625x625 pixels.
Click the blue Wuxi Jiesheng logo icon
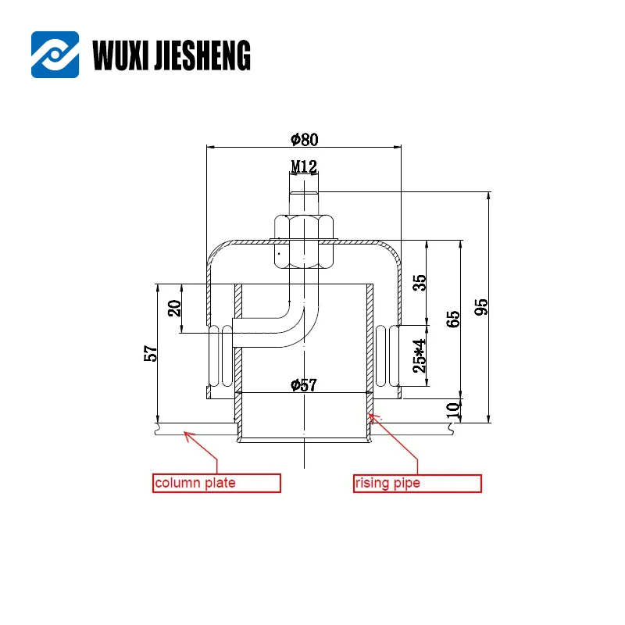click(x=55, y=55)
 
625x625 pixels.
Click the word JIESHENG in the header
click(x=204, y=55)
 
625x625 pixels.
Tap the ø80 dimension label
click(x=304, y=140)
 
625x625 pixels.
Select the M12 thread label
click(x=303, y=166)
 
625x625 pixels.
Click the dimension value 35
click(x=421, y=283)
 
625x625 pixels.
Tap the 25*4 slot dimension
click(x=420, y=355)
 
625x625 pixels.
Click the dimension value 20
click(x=175, y=308)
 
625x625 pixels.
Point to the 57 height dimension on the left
click(x=152, y=353)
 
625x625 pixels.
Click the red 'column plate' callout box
click(x=216, y=483)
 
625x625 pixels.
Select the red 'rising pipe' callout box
click(x=417, y=483)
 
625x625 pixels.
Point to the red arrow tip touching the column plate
click(x=184, y=432)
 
